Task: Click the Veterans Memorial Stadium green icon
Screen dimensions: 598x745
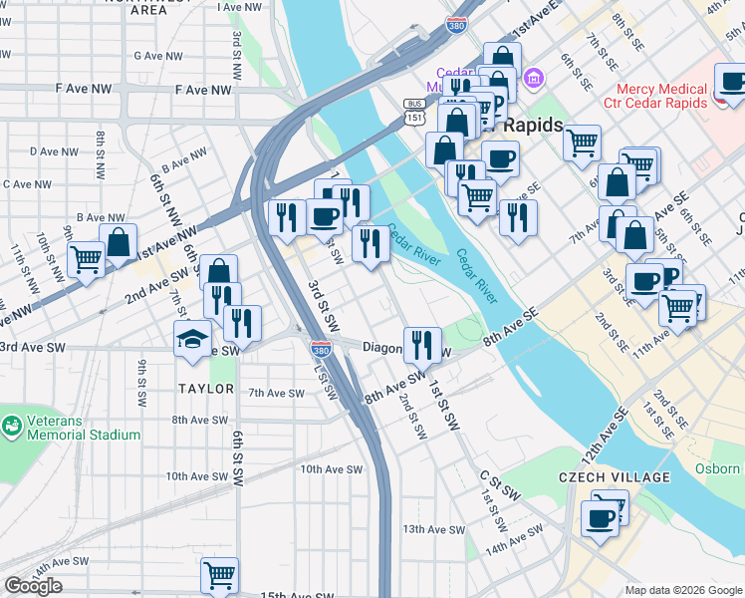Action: [12, 426]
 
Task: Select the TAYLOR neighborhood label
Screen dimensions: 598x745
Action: [206, 389]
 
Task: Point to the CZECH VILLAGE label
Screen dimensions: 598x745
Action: [614, 477]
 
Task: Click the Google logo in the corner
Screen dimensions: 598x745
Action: [33, 586]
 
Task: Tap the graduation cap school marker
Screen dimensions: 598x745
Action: [193, 340]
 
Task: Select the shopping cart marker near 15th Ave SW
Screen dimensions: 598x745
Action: [219, 575]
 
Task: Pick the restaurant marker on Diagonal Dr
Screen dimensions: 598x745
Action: [422, 344]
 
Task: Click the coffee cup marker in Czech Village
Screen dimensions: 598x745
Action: [600, 518]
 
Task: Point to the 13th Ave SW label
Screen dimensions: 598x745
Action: [428, 529]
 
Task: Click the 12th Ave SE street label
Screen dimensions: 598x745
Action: [607, 430]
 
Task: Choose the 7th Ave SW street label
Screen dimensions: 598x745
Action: [276, 393]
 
